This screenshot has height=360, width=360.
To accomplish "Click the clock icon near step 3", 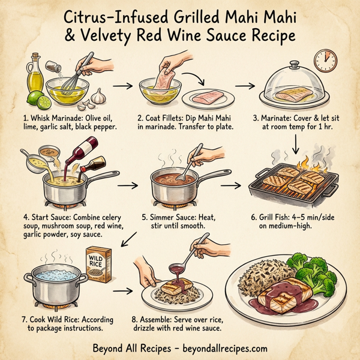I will [x=325, y=61].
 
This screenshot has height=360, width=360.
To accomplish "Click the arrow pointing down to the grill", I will [x=296, y=144].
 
